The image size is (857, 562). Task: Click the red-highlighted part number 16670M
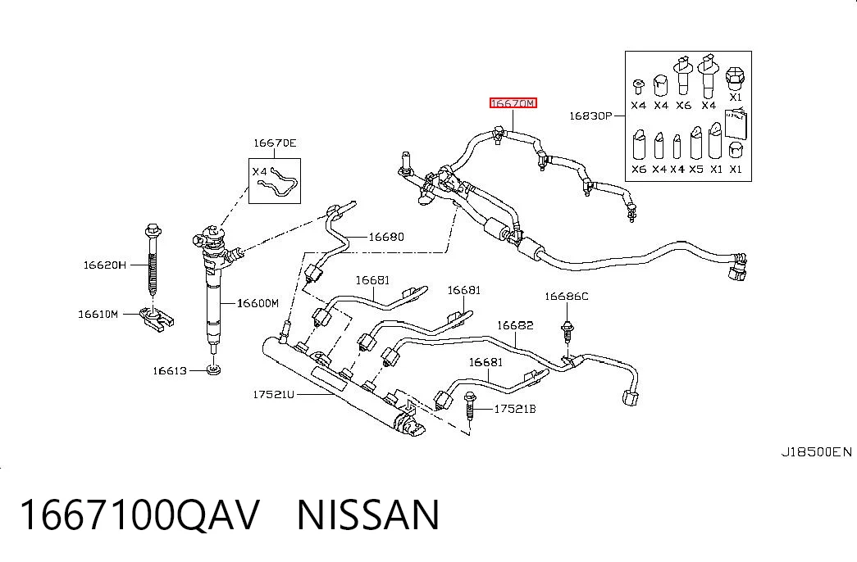tap(513, 103)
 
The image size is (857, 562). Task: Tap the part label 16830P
tap(590, 116)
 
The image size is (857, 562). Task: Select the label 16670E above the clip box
tap(275, 143)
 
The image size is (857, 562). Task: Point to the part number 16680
tap(386, 237)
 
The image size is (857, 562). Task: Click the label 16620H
tap(104, 265)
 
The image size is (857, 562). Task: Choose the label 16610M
tap(98, 314)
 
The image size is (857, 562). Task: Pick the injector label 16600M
tap(258, 303)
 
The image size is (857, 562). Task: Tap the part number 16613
tap(170, 371)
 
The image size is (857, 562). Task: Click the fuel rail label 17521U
tap(273, 394)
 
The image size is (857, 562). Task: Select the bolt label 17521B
tap(515, 409)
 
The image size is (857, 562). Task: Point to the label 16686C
tap(566, 297)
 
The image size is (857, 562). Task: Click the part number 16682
tap(515, 325)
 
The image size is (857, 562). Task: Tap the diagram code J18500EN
tap(816, 452)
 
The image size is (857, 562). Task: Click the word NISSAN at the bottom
tap(368, 515)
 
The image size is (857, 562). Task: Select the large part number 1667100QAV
tap(139, 515)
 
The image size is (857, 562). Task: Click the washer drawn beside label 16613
tap(214, 371)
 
